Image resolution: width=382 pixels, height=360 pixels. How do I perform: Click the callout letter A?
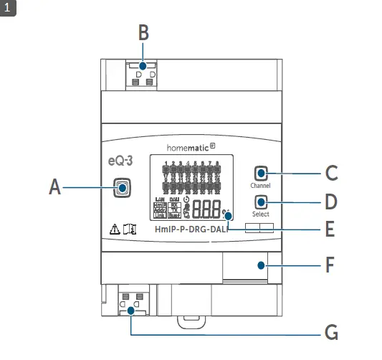pyautogui.click(x=55, y=188)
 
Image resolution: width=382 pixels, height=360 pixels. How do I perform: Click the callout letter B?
pyautogui.click(x=143, y=33)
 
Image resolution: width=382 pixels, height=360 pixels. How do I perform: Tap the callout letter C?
pyautogui.click(x=331, y=173)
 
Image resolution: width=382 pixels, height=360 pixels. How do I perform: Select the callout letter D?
pyautogui.click(x=331, y=202)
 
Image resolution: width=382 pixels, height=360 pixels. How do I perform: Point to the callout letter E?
pyautogui.click(x=330, y=231)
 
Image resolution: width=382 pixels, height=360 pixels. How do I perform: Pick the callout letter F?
pyautogui.click(x=330, y=265)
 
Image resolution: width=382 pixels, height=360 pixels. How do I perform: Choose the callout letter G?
pyautogui.click(x=330, y=333)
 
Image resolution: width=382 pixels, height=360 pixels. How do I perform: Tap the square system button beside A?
pyautogui.click(x=123, y=188)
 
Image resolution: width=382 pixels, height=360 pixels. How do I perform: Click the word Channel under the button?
pyautogui.click(x=260, y=186)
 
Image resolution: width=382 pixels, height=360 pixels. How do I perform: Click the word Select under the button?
pyautogui.click(x=260, y=214)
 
